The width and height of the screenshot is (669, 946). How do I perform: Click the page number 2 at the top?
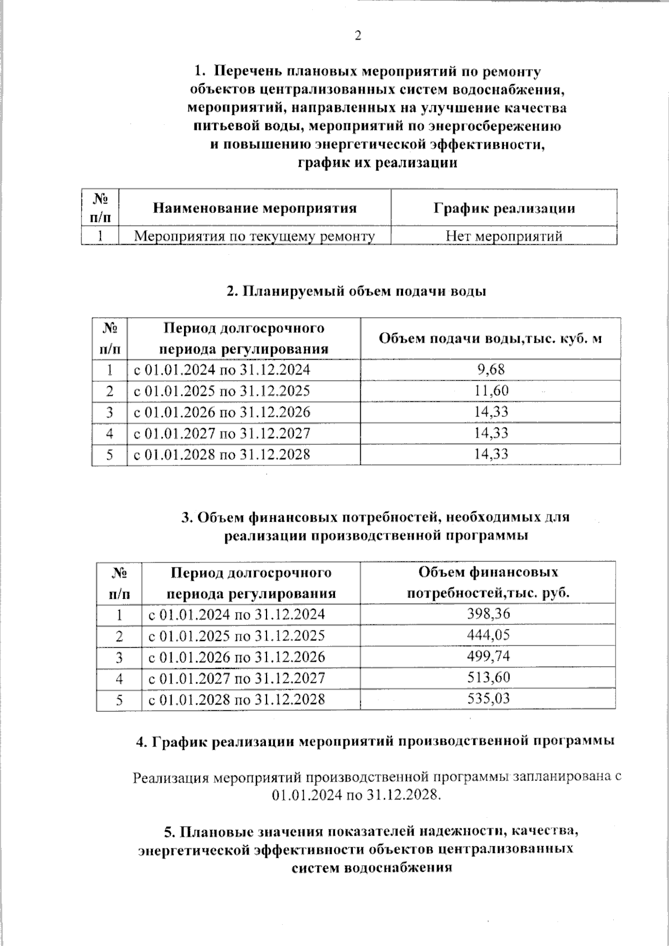click(357, 36)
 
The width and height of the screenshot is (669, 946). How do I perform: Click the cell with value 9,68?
click(491, 370)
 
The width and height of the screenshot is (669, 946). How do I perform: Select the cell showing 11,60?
click(491, 391)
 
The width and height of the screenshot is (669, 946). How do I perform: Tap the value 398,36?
click(488, 614)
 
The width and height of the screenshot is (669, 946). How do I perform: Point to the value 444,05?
click(488, 635)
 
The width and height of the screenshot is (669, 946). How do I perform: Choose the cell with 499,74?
click(488, 657)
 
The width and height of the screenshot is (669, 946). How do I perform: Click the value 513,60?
click(488, 678)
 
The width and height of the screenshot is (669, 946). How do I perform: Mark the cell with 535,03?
click(488, 698)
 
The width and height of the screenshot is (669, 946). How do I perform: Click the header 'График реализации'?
click(504, 208)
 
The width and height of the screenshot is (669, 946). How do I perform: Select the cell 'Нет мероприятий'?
click(504, 236)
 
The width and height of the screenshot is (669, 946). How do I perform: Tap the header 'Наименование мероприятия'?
click(255, 208)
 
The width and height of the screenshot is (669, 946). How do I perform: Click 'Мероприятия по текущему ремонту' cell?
click(255, 236)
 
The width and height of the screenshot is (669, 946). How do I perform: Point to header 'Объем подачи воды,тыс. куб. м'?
click(490, 339)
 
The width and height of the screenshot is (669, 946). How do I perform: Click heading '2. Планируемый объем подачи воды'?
click(356, 292)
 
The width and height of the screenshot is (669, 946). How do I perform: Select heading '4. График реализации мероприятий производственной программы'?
click(375, 741)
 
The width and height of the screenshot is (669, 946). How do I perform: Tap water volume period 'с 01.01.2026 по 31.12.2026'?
click(222, 412)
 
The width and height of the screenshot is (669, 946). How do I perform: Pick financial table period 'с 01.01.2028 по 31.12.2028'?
click(236, 699)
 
